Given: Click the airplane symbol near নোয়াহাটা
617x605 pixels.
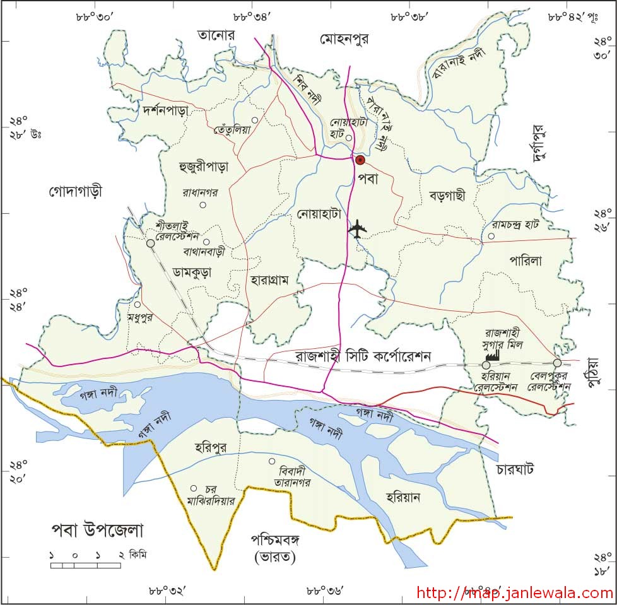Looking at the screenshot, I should coord(358,229).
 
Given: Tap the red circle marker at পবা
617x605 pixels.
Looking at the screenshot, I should coord(360,160).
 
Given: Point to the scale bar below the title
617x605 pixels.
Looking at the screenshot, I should coord(86,565).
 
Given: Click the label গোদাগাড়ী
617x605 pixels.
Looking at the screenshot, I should coord(75,191).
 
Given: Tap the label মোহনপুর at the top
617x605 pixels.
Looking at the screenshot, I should coord(344,39).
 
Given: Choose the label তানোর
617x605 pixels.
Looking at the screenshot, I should coord(215,35).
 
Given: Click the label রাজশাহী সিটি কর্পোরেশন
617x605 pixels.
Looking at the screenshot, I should coord(363,356).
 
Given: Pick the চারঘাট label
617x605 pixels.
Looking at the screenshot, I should coord(515,469).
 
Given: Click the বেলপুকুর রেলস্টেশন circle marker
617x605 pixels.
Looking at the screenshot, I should coord(557,363).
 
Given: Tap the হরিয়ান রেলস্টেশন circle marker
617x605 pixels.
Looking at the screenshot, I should coord(486,365).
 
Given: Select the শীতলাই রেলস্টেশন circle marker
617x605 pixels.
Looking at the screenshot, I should coord(150,243).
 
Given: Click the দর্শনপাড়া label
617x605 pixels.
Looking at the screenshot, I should coord(166,109).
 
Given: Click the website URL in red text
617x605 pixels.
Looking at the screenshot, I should coord(515,593).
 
